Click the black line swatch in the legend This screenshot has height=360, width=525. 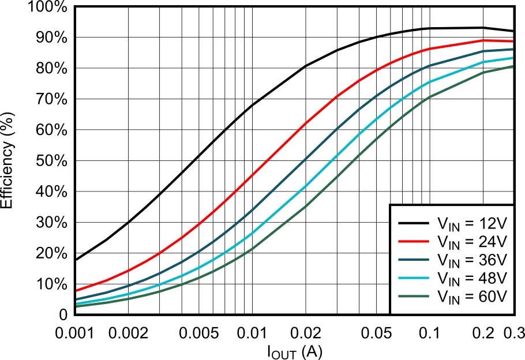pos(412,223)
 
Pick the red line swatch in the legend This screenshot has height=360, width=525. pos(412,241)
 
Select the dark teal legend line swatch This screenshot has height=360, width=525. pos(412,260)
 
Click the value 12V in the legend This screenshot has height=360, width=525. pos(493,223)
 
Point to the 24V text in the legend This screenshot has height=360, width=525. pos(493,241)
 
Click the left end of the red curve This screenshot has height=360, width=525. pos(77,290)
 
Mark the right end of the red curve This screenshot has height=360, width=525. pos(512,42)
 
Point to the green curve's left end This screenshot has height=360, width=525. pos(77,306)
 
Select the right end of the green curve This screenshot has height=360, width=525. pos(512,66)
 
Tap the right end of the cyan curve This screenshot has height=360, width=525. pos(512,58)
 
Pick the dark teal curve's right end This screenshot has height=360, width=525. pos(512,50)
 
